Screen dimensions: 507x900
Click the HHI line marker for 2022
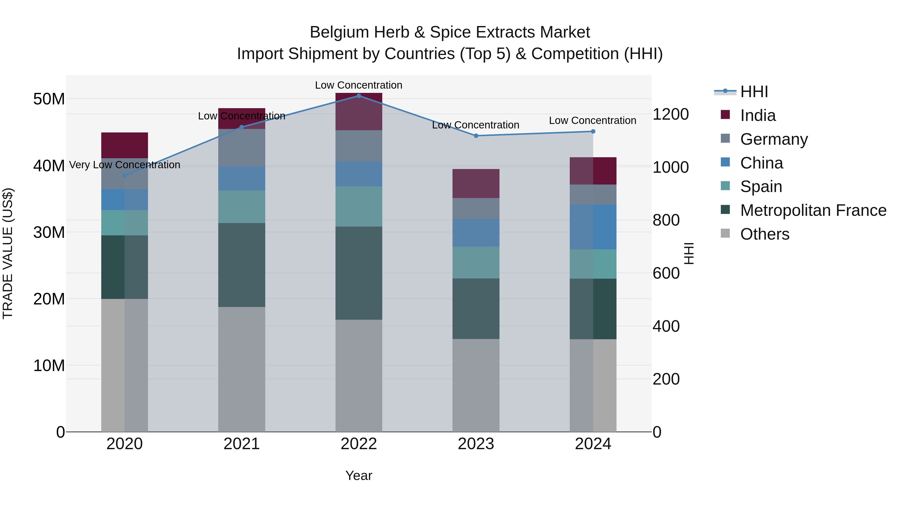358,96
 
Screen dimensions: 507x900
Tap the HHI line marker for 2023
476,136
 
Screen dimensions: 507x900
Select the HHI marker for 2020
124,176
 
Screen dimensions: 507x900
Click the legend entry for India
757,115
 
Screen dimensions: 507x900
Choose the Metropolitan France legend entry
813,210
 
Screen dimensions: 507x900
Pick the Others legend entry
764,234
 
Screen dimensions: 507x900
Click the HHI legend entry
753,92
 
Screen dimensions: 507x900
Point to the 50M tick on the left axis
49,99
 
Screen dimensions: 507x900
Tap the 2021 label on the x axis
241,444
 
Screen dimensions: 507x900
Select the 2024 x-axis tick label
593,444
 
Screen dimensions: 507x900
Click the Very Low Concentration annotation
124,164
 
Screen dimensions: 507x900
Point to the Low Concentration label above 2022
358,85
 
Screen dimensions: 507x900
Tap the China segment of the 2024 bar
593,227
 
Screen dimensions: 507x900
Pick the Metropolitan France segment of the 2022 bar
358,273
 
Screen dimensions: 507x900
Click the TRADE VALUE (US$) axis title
8,253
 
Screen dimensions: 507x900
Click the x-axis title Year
358,475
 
